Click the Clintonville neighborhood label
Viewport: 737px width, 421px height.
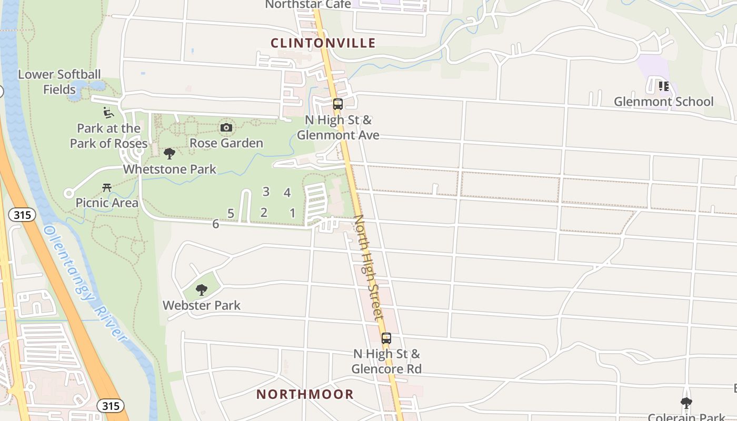coord(323,43)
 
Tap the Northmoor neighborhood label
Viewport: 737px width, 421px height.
coord(305,394)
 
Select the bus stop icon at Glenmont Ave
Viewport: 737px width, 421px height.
coord(338,104)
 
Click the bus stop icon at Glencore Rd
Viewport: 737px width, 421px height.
coord(386,338)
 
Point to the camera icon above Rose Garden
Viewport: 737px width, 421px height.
coord(226,127)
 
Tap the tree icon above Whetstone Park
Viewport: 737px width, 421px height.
coord(170,154)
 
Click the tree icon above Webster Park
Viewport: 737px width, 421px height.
coord(201,289)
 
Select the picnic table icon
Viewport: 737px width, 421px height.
coord(107,187)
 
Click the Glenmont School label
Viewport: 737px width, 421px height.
coord(663,102)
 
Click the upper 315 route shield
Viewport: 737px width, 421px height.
coord(22,215)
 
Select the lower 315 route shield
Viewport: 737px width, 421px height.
coord(111,406)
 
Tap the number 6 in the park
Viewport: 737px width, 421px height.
coord(215,224)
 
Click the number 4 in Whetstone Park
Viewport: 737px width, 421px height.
coord(287,193)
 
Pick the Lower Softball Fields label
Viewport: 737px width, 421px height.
coord(59,82)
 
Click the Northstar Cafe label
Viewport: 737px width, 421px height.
coord(308,4)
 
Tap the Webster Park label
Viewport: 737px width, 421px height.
coord(201,305)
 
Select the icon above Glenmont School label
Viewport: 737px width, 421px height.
coord(663,86)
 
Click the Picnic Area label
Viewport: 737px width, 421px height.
coord(107,203)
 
